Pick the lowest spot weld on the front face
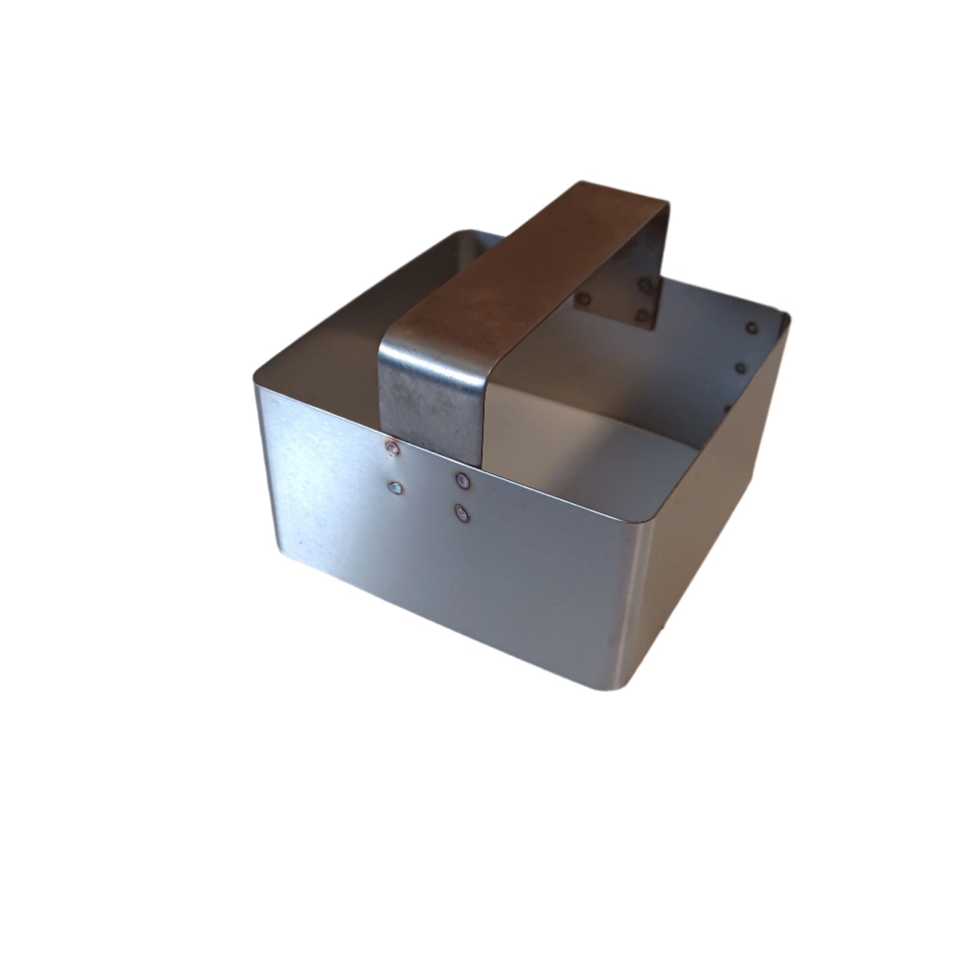(462, 514)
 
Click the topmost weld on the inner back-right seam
(750, 328)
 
